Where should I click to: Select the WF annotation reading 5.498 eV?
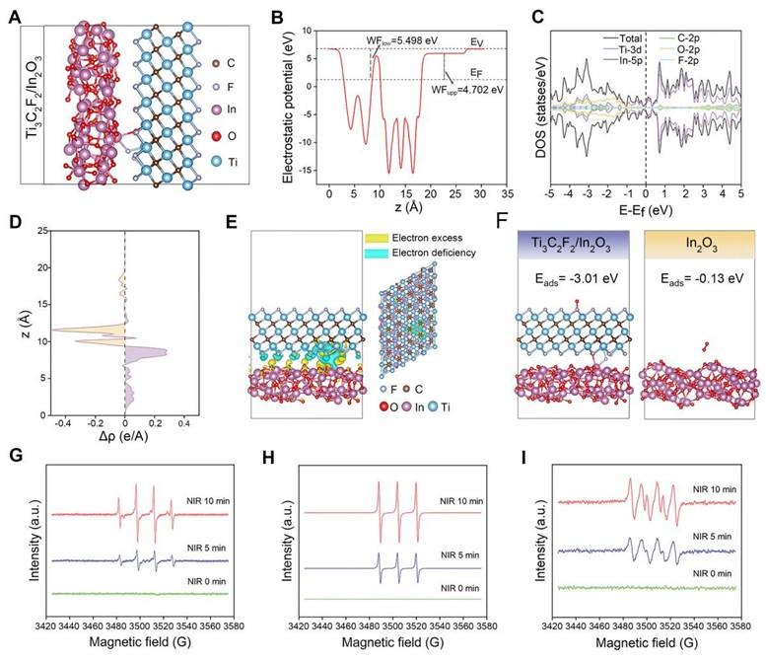tap(395, 38)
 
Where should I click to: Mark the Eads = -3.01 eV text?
tap(574, 278)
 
